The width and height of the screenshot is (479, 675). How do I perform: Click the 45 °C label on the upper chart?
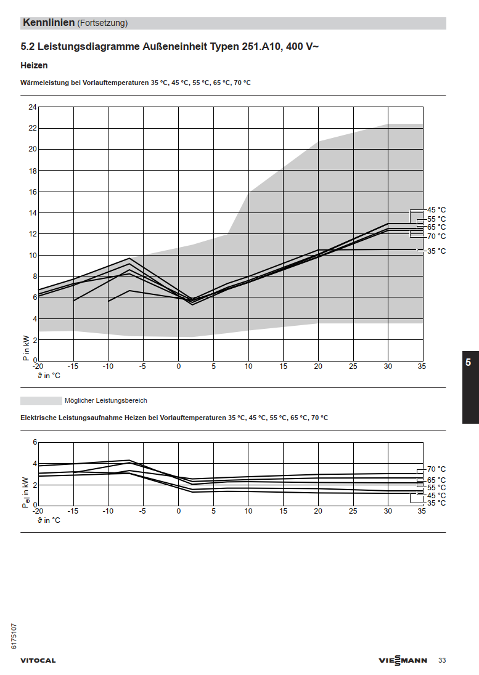coord(436,210)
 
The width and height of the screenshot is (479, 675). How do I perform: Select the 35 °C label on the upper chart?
coord(436,251)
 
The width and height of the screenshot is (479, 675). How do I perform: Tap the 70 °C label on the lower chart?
coord(436,469)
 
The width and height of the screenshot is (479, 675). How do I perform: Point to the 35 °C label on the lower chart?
coord(436,503)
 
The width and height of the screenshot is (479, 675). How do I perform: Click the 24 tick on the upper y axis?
coord(33,107)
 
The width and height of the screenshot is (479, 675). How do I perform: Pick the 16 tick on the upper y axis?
coord(33,192)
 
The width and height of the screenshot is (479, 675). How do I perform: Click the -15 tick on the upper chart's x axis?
coord(73,366)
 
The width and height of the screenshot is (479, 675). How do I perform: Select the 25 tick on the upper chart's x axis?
coord(353,366)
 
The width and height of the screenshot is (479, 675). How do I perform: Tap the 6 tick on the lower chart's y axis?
coord(35,442)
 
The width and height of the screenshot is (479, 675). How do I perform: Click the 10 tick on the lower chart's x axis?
coord(248,511)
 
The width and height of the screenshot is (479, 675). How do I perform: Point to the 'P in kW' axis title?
coord(26,348)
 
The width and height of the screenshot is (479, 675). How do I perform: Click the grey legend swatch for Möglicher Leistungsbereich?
coord(41,401)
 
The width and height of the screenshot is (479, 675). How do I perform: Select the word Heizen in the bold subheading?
coord(34,65)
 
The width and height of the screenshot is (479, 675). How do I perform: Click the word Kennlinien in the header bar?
coord(49,23)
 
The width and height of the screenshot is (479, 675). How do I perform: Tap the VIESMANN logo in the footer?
coord(403,661)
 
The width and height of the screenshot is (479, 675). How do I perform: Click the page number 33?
coord(442,661)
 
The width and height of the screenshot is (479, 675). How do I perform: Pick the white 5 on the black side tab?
coord(469,363)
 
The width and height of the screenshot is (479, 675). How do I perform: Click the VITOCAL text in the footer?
coord(38,661)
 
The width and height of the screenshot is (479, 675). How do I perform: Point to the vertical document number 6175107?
coord(14,636)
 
